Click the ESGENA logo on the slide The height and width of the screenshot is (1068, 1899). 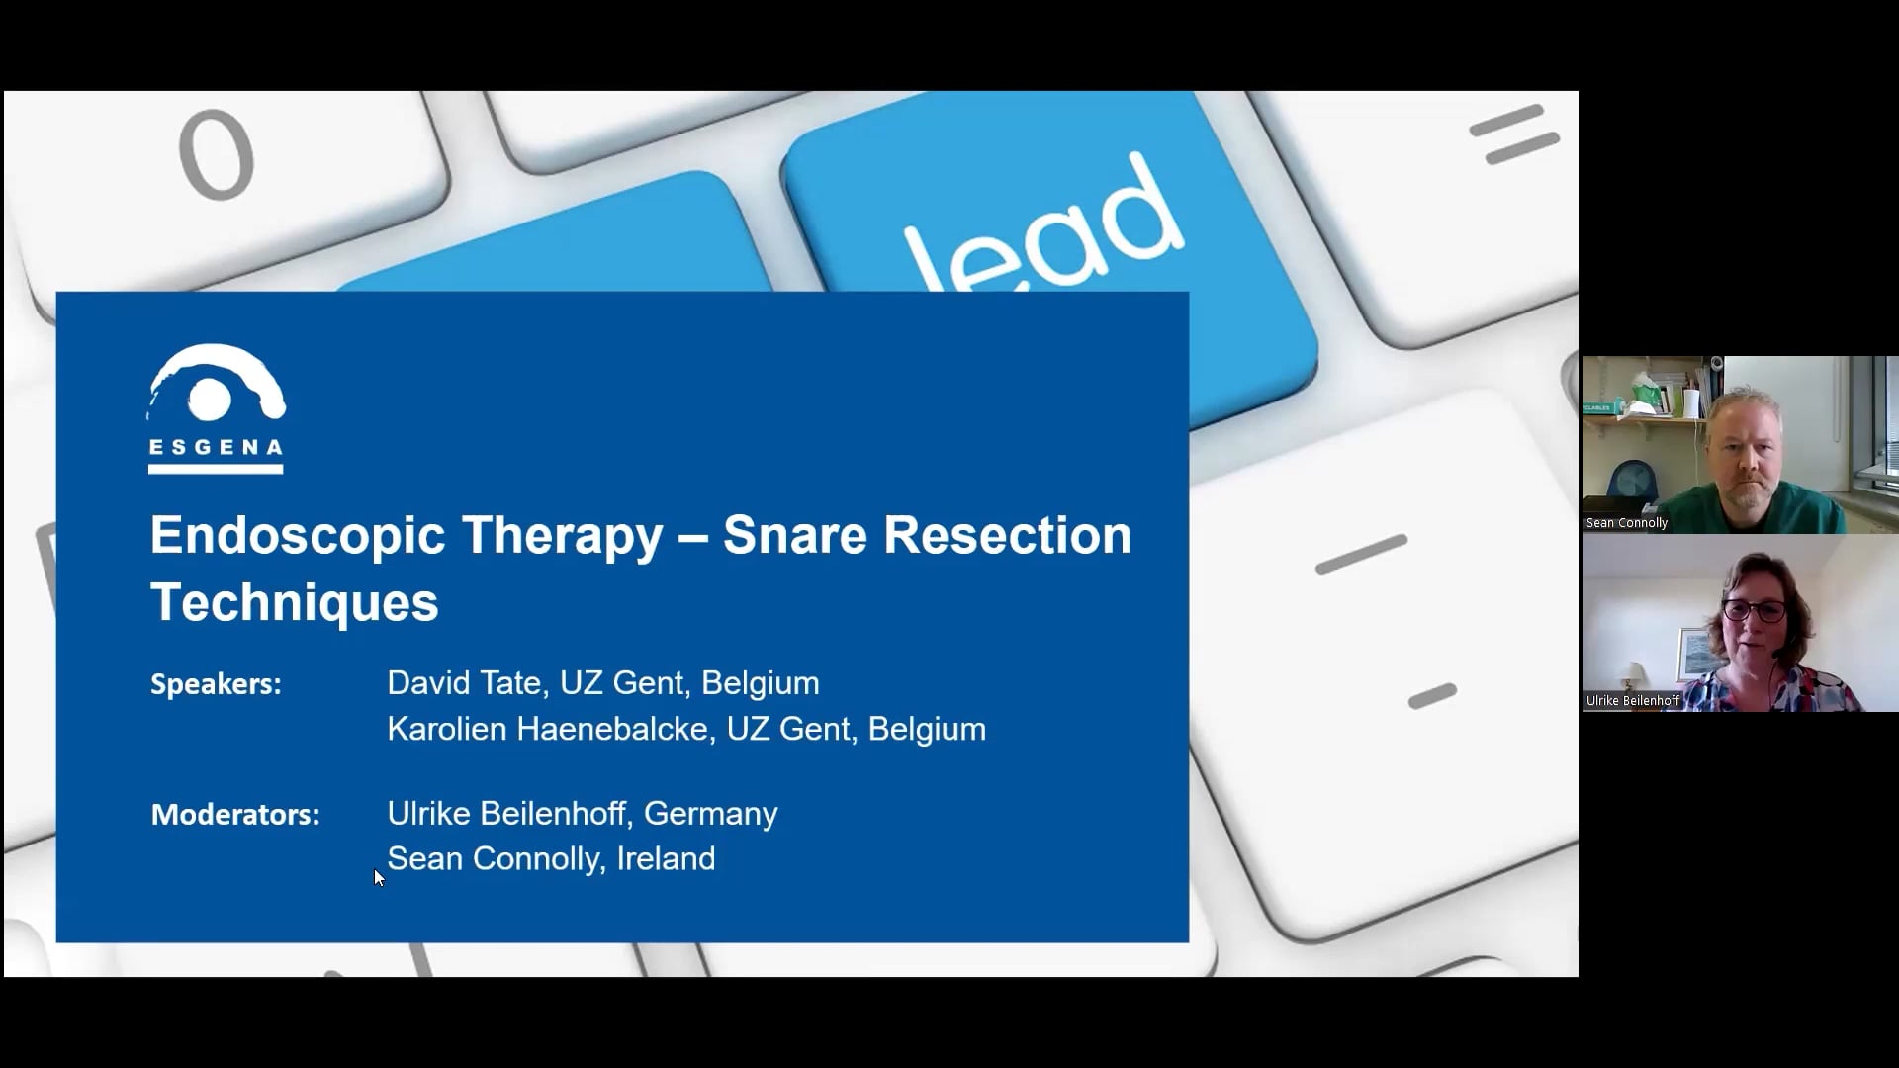217,408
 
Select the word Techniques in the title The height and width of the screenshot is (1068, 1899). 295,601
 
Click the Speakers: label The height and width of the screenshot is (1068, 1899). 216,684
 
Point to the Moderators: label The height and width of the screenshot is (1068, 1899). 235,815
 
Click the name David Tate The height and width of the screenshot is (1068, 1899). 463,683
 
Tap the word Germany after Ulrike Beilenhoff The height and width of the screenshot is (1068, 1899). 710,814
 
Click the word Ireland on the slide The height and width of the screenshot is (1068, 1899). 666,858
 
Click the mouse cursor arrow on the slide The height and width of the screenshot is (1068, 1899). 378,877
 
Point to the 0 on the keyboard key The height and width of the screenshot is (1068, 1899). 217,153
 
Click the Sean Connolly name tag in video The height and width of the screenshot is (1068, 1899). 1627,523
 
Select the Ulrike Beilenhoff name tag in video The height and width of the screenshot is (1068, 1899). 1633,701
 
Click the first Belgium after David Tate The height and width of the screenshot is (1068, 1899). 760,683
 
